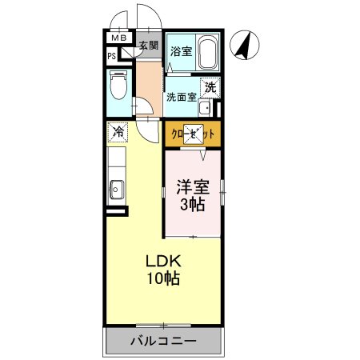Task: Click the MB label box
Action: [x=118, y=38]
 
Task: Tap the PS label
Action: [x=112, y=56]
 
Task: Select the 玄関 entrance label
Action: [x=149, y=46]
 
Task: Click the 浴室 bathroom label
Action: [x=181, y=51]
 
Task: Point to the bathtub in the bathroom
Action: [x=207, y=53]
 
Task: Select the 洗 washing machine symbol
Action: [x=209, y=87]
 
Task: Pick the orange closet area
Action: [x=193, y=135]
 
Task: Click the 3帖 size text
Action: [x=192, y=205]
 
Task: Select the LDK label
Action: [x=163, y=262]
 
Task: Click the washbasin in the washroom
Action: [x=205, y=109]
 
